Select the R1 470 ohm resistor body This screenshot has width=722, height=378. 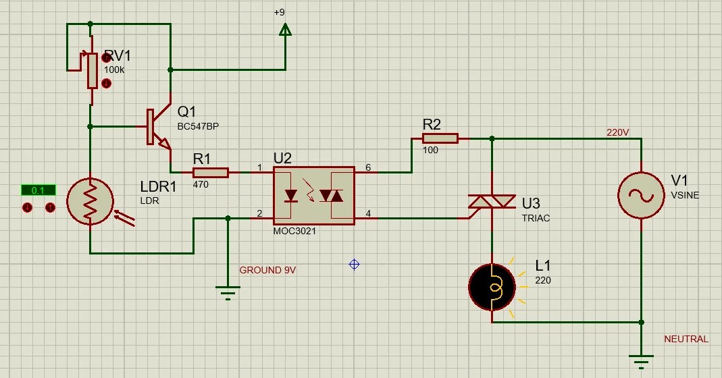pyautogui.click(x=210, y=172)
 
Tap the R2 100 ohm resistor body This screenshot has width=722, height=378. pyautogui.click(x=440, y=138)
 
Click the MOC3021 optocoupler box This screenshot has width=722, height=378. pyautogui.click(x=313, y=196)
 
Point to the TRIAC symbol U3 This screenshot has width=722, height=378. pyautogui.click(x=492, y=202)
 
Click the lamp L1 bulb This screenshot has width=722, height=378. pyautogui.click(x=492, y=287)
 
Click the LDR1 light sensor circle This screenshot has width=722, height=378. pyautogui.click(x=90, y=200)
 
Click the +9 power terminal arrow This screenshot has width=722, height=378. pyautogui.click(x=285, y=29)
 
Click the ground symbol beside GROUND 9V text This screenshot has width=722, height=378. pyautogui.click(x=228, y=292)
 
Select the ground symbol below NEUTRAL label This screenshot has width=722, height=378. pyautogui.click(x=641, y=361)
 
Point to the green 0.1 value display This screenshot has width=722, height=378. pyautogui.click(x=38, y=190)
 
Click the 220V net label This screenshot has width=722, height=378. pyautogui.click(x=617, y=133)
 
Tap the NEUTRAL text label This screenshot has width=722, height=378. pyautogui.click(x=686, y=339)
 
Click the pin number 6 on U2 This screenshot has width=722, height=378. pyautogui.click(x=368, y=167)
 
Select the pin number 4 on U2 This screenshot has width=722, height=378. pyautogui.click(x=368, y=214)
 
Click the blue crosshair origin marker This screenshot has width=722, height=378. pyautogui.click(x=354, y=264)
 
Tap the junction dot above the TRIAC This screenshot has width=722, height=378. pyautogui.click(x=492, y=138)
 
